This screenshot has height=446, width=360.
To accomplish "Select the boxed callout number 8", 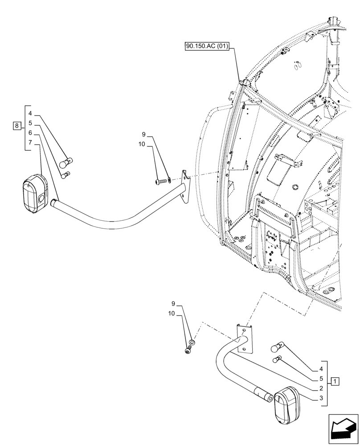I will tap(16, 126).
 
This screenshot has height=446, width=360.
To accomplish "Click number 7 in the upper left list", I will tap(29, 142).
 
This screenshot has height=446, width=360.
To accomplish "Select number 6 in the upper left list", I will tap(29, 133).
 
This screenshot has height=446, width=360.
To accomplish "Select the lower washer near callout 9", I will tap(192, 342).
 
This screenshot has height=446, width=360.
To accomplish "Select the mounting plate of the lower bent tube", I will tap(244, 338).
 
